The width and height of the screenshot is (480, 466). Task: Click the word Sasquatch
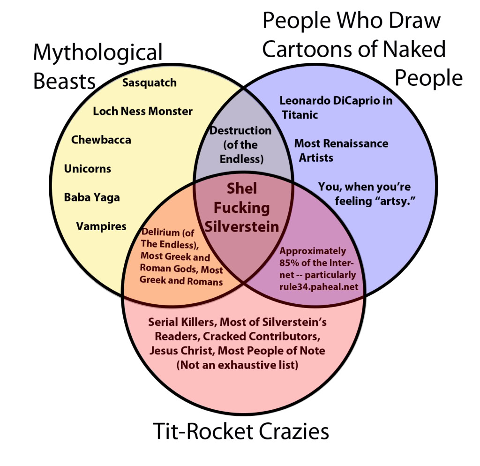tap(150, 83)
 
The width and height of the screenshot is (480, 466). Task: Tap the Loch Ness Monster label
tap(142, 111)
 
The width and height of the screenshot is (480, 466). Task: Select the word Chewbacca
tap(101, 140)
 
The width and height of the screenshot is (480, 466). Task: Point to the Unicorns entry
tap(88, 169)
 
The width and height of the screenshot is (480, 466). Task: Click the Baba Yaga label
tap(92, 197)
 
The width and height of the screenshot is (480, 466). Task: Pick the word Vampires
tap(101, 226)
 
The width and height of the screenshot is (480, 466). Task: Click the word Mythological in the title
tap(97, 53)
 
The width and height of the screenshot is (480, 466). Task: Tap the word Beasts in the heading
tap(64, 81)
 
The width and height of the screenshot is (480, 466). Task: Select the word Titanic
tap(300, 114)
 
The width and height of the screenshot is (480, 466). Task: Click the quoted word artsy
tap(400, 201)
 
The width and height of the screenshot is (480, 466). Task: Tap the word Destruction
tap(240, 131)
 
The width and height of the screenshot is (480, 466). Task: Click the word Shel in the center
tap(242, 188)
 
